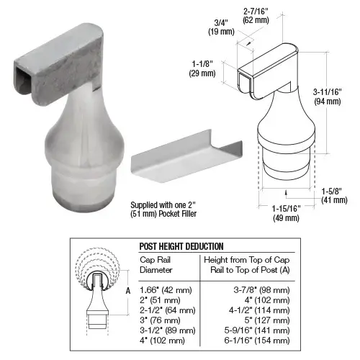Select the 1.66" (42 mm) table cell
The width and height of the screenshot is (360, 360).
pyautogui.click(x=162, y=288)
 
